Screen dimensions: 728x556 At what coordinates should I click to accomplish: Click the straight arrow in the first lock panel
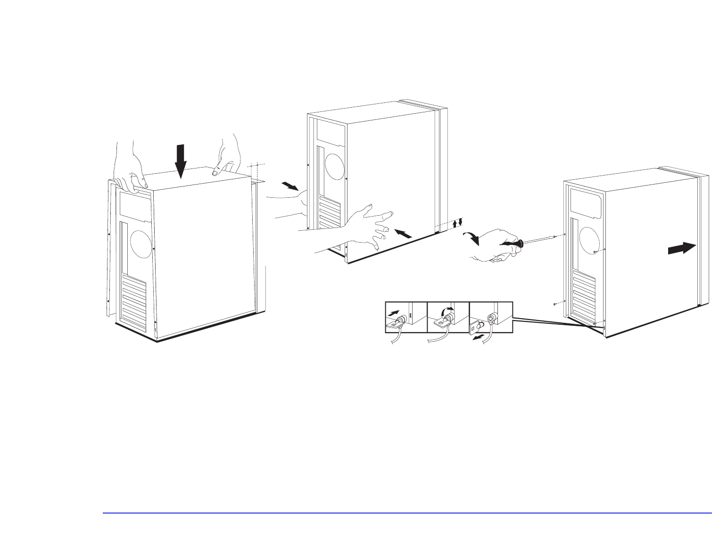(x=394, y=312)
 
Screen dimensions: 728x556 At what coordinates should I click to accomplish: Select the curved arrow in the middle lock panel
(x=445, y=310)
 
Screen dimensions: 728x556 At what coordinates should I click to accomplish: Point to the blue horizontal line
(x=407, y=513)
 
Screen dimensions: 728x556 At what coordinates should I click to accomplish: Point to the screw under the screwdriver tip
(x=565, y=235)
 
